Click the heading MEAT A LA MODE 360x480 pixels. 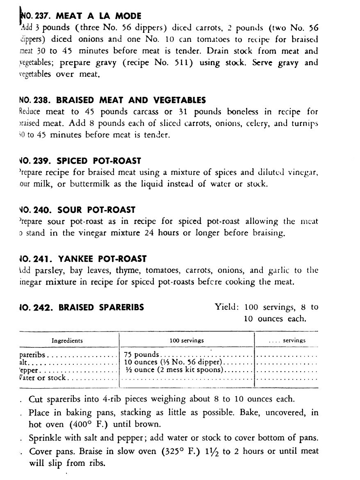click(98, 16)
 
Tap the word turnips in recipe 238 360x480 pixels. click(303, 124)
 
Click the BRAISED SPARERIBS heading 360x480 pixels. click(101, 307)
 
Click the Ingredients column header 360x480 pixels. click(67, 341)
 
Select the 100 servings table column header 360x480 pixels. click(187, 341)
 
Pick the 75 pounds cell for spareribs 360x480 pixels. click(141, 354)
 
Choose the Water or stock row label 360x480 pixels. click(42, 378)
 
